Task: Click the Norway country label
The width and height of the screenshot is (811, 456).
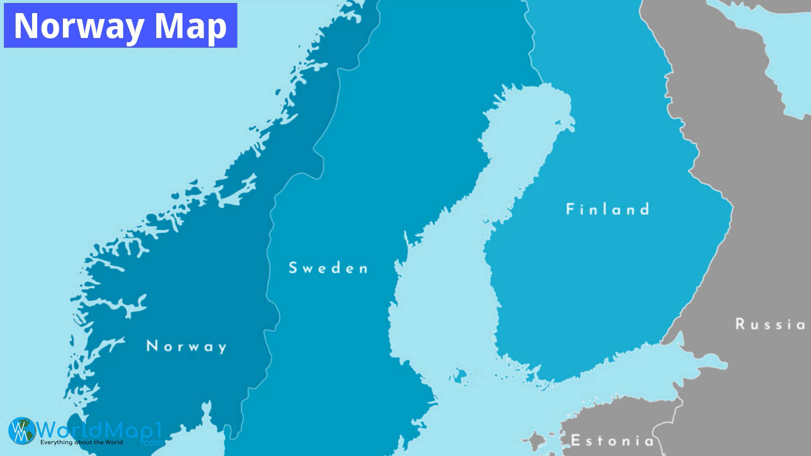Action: [x=186, y=346]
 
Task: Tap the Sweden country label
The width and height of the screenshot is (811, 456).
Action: [x=328, y=268]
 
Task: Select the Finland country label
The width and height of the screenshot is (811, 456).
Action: [x=607, y=209]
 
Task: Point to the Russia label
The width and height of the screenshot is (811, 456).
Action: [x=770, y=324]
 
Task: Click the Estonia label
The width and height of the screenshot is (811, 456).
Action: [x=612, y=441]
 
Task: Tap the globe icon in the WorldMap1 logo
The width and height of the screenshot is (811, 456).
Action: [x=22, y=431]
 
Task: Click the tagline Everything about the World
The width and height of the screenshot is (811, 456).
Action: [x=82, y=442]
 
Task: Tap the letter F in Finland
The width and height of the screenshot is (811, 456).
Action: [x=570, y=209]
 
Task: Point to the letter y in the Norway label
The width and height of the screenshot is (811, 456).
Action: [x=221, y=348]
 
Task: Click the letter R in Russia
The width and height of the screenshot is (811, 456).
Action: [x=740, y=324]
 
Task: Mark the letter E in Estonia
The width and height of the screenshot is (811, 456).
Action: [x=575, y=440]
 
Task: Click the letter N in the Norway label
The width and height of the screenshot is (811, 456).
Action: [x=151, y=346]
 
